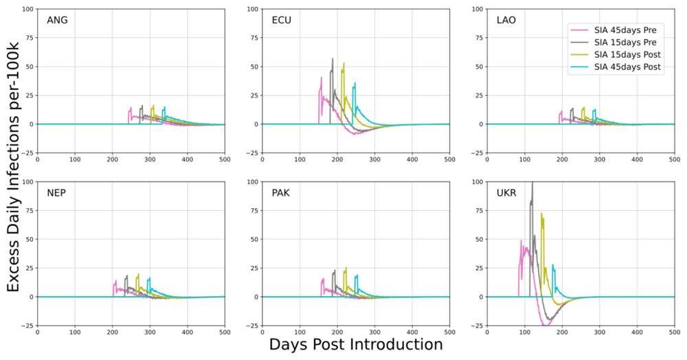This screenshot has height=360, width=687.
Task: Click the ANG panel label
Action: click(x=57, y=20)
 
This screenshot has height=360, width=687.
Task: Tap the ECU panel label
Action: click(x=282, y=20)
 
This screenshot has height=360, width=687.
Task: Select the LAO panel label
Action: click(x=506, y=20)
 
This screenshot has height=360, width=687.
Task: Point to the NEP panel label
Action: click(x=57, y=192)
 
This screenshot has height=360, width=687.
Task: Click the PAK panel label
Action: click(x=281, y=192)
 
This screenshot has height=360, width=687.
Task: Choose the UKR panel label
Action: click(x=506, y=192)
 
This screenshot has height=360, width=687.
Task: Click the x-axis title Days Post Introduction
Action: click(x=356, y=344)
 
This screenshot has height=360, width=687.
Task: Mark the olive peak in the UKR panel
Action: click(x=542, y=214)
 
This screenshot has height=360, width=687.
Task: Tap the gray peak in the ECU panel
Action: click(x=333, y=60)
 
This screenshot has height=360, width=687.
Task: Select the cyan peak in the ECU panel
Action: click(x=355, y=84)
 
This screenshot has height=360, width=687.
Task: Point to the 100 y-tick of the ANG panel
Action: click(x=27, y=10)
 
